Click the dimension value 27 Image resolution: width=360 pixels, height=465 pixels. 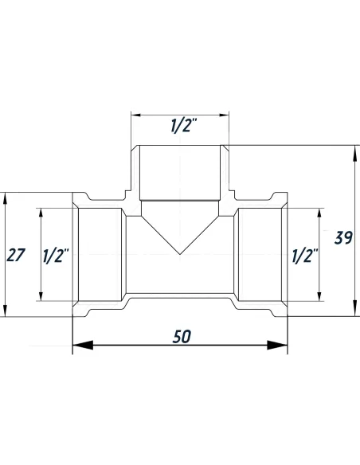[16, 256]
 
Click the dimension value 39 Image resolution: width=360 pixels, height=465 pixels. [343, 238]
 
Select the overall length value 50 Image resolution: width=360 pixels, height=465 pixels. [180, 337]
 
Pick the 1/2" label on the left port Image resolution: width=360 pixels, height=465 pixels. [56, 256]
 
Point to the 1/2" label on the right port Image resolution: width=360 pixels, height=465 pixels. [305, 256]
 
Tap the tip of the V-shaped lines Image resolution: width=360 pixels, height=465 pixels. [180, 255]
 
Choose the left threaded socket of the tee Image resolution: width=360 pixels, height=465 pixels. [99, 255]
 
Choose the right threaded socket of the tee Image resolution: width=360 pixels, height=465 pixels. [261, 255]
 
